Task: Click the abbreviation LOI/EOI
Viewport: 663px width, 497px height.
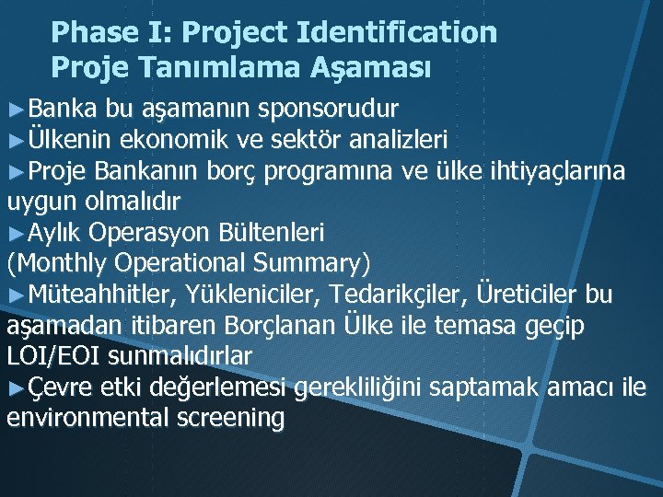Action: (52, 355)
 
